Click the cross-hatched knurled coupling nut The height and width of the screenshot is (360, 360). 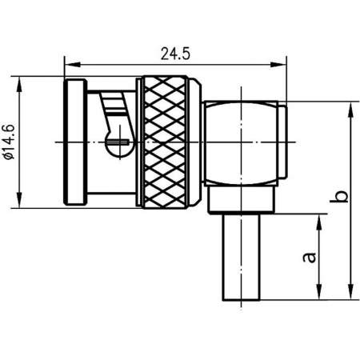[168, 142]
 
